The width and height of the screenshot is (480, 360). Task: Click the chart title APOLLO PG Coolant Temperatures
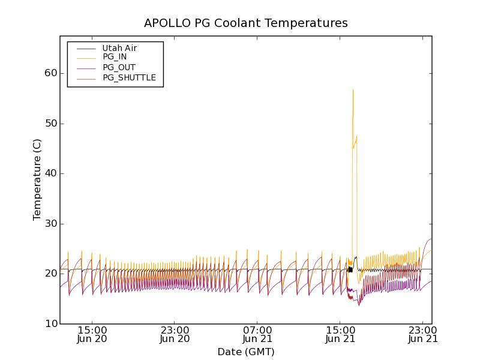tap(245, 23)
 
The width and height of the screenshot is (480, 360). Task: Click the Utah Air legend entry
tap(119, 48)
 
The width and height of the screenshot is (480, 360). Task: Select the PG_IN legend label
tap(115, 57)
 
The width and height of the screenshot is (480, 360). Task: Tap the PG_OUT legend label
tap(119, 67)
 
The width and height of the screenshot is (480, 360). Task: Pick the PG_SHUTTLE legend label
tap(129, 77)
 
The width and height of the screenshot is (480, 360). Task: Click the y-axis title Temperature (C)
tap(37, 179)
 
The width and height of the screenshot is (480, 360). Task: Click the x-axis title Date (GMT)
tap(245, 352)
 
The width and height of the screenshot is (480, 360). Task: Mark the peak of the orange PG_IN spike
tap(353, 90)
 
